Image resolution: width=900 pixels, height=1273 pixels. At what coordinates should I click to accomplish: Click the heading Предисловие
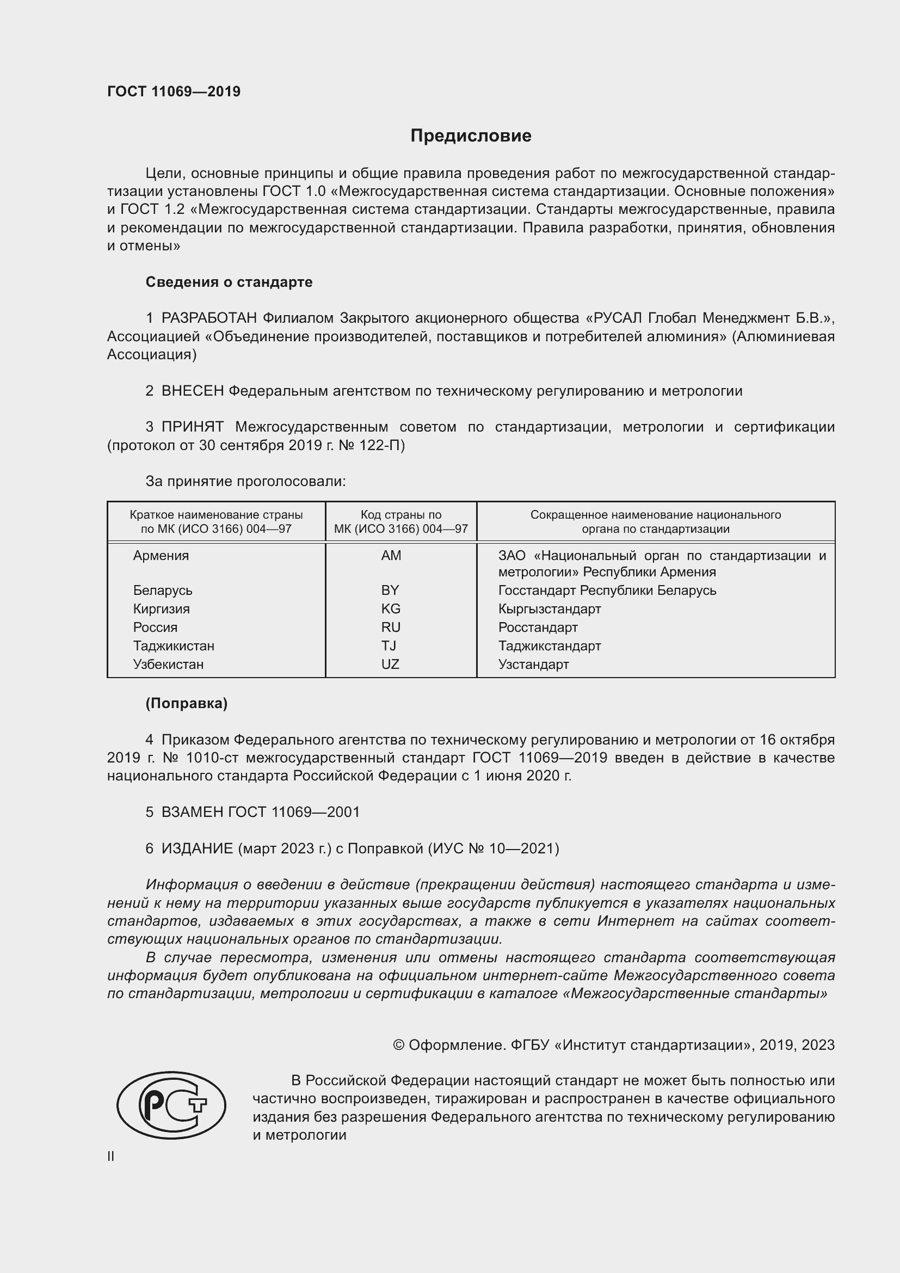tap(471, 136)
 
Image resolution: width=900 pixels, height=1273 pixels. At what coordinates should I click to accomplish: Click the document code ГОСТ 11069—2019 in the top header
tap(174, 91)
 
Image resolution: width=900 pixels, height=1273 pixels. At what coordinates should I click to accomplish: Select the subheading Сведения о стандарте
tap(229, 282)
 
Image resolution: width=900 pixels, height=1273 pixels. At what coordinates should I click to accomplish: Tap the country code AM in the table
tap(391, 555)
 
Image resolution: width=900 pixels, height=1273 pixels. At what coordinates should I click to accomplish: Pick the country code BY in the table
tap(390, 590)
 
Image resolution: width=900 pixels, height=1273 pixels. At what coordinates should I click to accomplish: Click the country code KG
tap(390, 608)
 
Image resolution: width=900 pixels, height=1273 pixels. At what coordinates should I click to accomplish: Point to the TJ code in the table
tap(389, 645)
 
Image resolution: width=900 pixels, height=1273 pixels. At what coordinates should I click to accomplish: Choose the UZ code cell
tap(390, 663)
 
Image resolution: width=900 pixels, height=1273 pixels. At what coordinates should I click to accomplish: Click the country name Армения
tap(161, 555)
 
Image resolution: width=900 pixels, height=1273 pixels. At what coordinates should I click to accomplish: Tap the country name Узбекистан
tap(168, 663)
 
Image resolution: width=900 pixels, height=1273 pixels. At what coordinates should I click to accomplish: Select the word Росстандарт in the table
tap(538, 627)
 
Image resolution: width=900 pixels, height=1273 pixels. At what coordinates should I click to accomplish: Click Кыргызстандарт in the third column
tap(549, 608)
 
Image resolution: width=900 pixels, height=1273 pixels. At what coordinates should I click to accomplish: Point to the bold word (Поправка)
tap(186, 703)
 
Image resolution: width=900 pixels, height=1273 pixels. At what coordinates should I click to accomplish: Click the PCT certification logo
tap(171, 1104)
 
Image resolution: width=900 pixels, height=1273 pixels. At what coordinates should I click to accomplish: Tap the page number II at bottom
tap(111, 1156)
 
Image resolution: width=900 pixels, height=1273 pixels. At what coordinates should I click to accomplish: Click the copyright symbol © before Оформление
tap(398, 1044)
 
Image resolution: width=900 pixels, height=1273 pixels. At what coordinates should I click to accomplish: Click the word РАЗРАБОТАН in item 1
tap(209, 318)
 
